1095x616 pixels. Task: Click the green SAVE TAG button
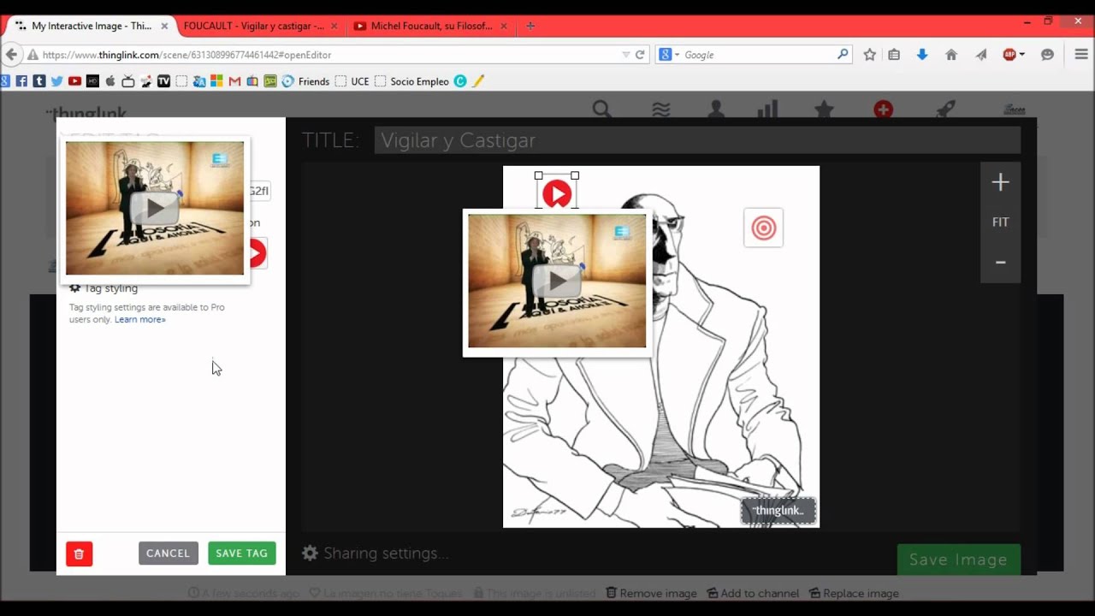241,554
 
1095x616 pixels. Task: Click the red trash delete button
79,554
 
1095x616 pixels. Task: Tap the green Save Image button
958,560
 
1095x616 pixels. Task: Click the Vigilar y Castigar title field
696,140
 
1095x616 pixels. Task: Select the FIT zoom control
1000,222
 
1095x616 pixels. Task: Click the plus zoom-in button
1000,182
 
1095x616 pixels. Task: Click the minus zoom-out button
1000,263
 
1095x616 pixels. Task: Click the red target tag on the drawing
763,228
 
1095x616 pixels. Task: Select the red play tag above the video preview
557,194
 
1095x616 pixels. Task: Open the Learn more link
140,320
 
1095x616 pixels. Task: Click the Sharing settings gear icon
310,554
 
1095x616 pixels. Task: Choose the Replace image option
854,593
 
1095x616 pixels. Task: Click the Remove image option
651,593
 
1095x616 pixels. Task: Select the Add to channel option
752,593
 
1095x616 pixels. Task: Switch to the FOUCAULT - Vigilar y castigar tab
253,26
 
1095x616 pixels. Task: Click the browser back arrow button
12,55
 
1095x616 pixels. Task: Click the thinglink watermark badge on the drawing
778,511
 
